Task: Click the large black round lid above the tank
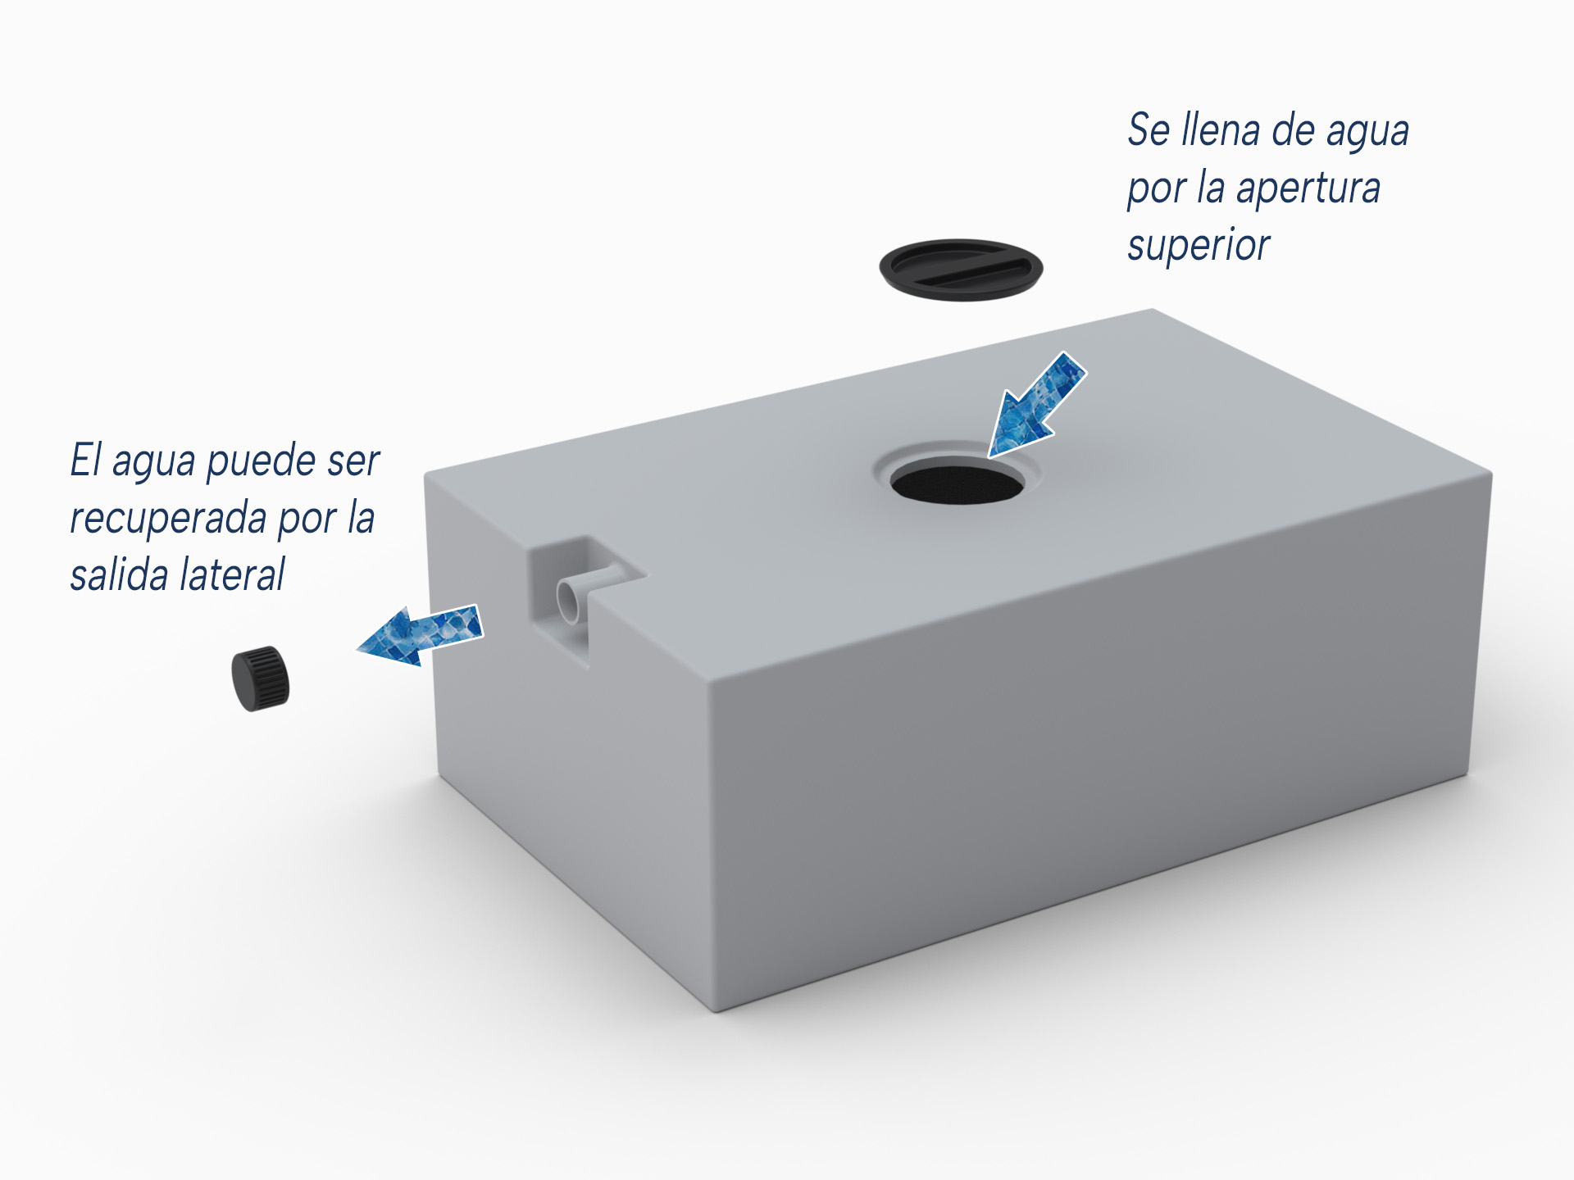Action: [x=961, y=270]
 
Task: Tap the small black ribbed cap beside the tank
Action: [x=261, y=678]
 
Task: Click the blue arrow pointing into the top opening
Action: [x=1036, y=405]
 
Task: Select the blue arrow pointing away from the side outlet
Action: [x=419, y=635]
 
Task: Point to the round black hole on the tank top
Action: [x=958, y=485]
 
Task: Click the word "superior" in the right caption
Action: [x=1199, y=245]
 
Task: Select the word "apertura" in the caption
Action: [x=1308, y=188]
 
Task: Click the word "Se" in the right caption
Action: [x=1149, y=130]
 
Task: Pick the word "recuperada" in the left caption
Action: [x=169, y=519]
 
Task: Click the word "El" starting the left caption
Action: [x=85, y=460]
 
